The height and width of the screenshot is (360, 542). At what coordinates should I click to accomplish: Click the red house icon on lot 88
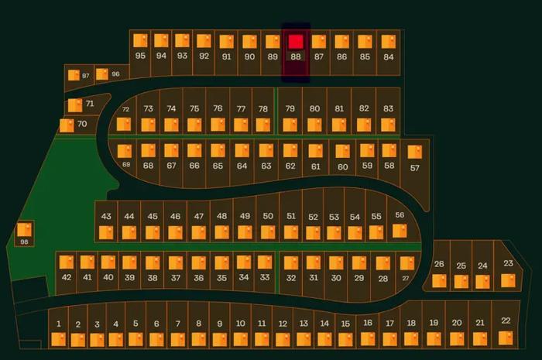(296, 42)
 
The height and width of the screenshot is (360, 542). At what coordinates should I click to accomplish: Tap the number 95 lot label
(140, 56)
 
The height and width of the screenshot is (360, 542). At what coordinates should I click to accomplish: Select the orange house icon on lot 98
(24, 230)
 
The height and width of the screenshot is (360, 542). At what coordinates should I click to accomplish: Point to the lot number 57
(415, 168)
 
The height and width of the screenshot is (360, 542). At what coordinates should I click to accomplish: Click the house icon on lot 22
(506, 338)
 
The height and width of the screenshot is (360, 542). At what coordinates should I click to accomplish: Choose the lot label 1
(58, 324)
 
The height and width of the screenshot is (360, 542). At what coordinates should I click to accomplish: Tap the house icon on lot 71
(75, 105)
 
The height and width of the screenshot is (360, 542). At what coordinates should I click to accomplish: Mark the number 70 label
(82, 124)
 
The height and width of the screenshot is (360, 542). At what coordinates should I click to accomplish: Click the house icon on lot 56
(400, 231)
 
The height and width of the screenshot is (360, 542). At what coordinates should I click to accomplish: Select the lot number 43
(106, 216)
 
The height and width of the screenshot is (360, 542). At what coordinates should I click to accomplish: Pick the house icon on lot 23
(508, 280)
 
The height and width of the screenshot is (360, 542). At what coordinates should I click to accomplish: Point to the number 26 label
(439, 264)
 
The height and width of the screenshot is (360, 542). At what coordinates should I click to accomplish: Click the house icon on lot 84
(388, 42)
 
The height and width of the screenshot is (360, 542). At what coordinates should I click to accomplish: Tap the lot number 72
(125, 109)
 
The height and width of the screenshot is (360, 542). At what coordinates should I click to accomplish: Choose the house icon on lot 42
(67, 262)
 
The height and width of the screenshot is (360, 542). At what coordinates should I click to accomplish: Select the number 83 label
(388, 108)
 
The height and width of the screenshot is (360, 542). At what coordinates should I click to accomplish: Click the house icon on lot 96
(102, 74)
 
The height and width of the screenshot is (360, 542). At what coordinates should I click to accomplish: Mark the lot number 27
(406, 278)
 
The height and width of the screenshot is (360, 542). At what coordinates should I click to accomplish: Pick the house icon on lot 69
(125, 151)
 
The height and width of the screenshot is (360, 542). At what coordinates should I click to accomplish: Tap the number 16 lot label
(368, 323)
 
